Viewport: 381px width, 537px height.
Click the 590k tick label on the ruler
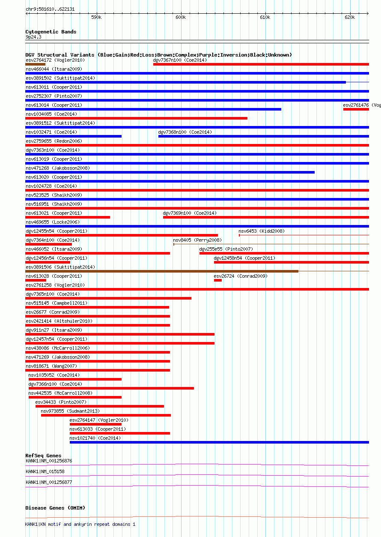[96, 17]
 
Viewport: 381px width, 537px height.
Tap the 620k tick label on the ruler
[350, 17]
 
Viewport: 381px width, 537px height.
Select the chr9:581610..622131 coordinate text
[50, 9]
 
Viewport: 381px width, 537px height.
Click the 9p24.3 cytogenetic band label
[33, 37]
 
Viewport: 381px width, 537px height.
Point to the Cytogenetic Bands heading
[51, 32]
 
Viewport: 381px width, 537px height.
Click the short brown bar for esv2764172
[35, 64]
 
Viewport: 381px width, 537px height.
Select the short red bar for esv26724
[217, 280]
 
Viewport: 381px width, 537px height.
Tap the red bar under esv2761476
[356, 109]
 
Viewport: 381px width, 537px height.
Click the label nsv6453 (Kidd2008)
[262, 231]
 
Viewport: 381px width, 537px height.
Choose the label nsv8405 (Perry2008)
[197, 240]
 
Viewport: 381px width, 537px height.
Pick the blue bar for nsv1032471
[73, 136]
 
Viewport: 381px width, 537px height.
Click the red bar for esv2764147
[95, 424]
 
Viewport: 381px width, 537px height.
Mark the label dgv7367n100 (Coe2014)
[180, 60]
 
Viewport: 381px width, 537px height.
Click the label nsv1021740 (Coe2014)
[95, 438]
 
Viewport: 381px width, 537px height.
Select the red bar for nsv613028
[36, 280]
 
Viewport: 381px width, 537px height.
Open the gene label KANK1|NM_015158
[45, 471]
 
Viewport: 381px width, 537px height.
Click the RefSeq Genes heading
[43, 456]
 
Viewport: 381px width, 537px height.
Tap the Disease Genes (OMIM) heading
[55, 508]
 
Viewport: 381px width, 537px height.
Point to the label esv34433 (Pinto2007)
[61, 402]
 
